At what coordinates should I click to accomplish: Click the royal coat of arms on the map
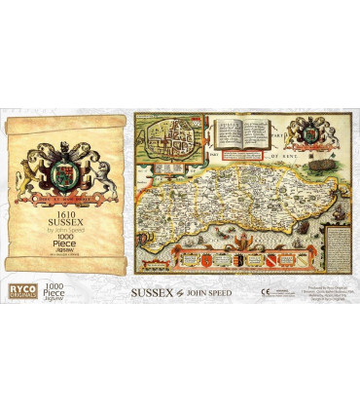[x=317, y=130]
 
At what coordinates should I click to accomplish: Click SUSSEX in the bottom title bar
[x=152, y=290]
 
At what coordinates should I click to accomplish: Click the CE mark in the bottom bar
[x=266, y=290]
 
